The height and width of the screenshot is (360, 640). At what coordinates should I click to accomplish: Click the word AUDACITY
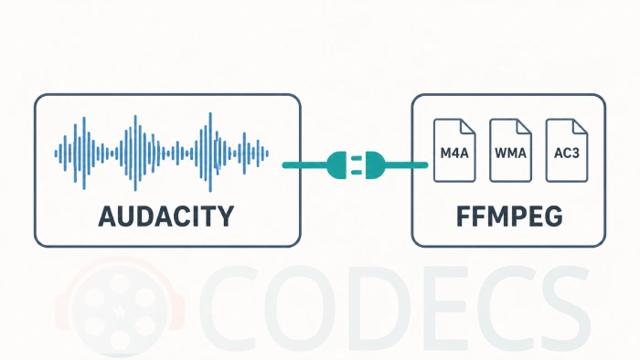tap(166, 217)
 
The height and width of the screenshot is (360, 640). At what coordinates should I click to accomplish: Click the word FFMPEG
tap(509, 217)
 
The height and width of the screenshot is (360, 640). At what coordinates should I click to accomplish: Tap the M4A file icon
tap(454, 150)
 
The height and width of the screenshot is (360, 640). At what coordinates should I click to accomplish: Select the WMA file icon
tap(510, 150)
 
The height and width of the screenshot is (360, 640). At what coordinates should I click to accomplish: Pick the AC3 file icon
tap(567, 150)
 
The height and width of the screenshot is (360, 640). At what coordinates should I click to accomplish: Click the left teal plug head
tap(338, 165)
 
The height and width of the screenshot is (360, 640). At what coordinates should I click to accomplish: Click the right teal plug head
tap(375, 165)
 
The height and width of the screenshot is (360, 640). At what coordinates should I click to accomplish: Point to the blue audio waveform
tap(162, 153)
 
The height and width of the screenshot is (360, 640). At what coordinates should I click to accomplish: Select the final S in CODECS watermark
tap(565, 308)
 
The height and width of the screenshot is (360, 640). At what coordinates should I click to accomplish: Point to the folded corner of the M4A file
tap(468, 126)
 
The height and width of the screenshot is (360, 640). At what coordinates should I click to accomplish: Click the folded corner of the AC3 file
tap(580, 126)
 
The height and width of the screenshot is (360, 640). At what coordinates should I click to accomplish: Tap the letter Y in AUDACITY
tap(225, 217)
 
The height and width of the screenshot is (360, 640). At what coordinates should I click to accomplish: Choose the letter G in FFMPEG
tap(553, 217)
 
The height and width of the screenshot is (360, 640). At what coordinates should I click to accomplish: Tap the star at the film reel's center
tap(120, 312)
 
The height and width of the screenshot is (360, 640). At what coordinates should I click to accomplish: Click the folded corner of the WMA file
tap(524, 126)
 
